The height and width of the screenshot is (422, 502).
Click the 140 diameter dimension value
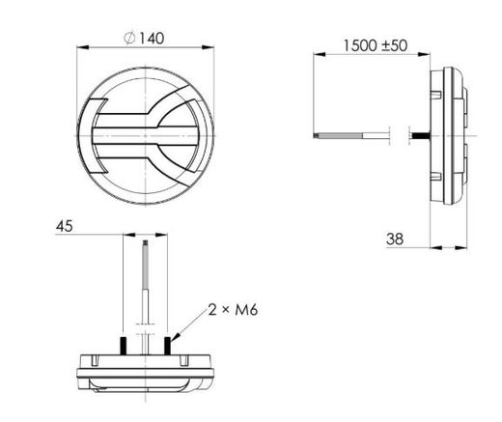click(153, 38)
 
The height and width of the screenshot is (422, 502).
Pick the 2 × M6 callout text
click(231, 310)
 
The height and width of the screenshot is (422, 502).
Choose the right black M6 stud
click(166, 345)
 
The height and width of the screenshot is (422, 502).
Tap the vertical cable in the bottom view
click(145, 280)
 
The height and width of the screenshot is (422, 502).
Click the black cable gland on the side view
click(421, 134)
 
